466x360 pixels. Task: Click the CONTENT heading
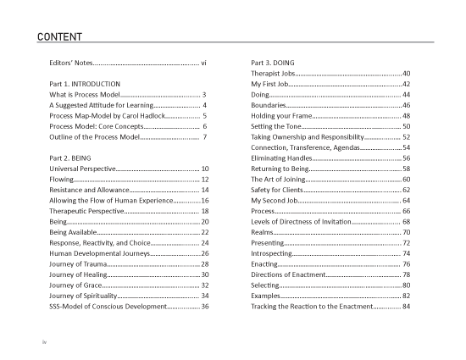point(59,36)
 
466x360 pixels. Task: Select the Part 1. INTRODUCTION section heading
point(86,85)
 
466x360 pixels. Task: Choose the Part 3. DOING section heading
point(273,64)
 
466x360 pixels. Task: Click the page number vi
point(204,64)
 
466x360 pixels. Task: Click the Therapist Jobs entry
point(274,74)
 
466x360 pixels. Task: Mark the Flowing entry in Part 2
point(62,180)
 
